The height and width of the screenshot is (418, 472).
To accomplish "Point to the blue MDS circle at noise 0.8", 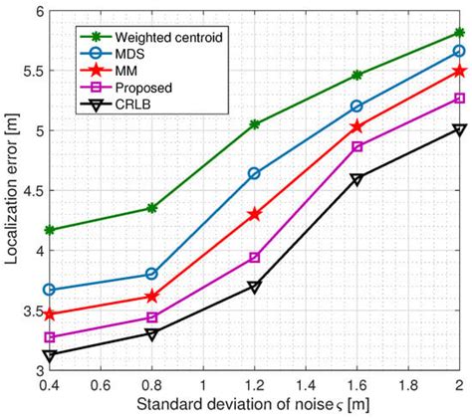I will [151, 273].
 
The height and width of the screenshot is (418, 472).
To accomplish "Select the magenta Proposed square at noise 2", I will [459, 98].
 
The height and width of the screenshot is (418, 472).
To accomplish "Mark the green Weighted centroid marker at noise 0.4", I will [49, 230].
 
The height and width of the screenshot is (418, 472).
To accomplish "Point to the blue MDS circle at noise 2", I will [459, 51].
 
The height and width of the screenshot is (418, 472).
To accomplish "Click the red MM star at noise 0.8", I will [151, 297].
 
